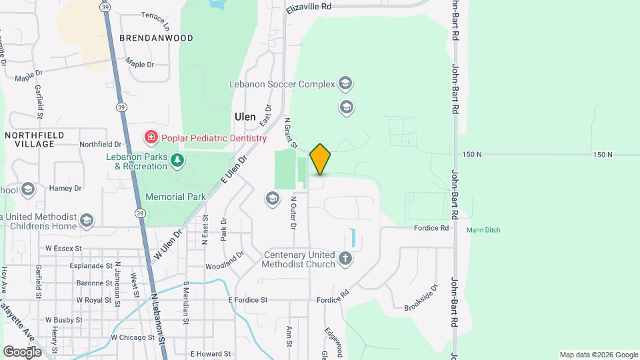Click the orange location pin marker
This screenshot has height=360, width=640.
click(320, 159)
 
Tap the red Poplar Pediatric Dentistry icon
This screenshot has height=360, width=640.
click(151, 138)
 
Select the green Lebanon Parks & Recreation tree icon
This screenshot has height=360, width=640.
click(177, 161)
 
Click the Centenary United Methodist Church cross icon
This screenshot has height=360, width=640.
click(345, 259)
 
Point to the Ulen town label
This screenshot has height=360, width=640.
click(245, 116)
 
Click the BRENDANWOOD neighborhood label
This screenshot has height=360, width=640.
click(156, 38)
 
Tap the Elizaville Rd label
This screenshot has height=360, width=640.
click(309, 6)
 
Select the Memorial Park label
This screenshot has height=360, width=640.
click(175, 197)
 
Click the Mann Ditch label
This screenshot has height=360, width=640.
click(483, 230)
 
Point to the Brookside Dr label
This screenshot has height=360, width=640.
click(421, 297)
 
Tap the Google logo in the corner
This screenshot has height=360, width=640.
click(22, 351)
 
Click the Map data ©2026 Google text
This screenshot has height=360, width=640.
click(597, 355)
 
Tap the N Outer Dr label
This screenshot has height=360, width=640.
click(293, 211)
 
